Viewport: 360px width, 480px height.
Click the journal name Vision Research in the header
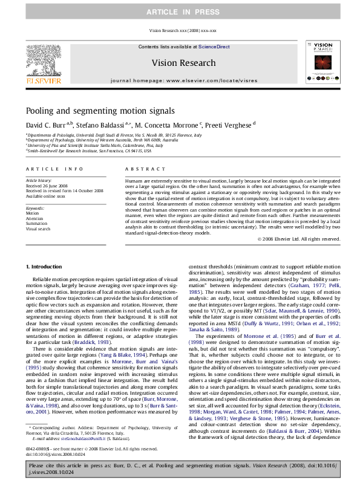point(183,63)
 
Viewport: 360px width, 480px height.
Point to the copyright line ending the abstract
point(315,239)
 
